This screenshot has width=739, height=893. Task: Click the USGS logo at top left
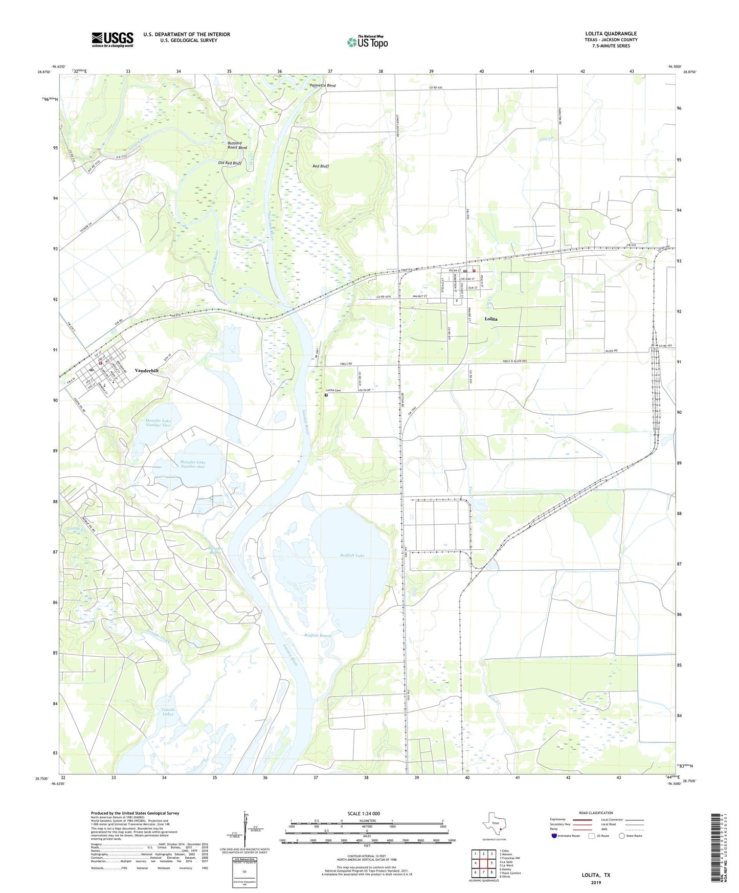coord(112,39)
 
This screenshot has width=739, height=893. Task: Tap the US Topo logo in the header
coord(367,42)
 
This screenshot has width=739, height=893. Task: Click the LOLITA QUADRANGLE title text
coord(611,34)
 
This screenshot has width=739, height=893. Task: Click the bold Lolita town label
coord(491,319)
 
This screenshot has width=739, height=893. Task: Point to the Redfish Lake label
coord(352,555)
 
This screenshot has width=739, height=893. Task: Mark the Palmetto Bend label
coord(323,85)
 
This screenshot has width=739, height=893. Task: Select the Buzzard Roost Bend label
coord(237,145)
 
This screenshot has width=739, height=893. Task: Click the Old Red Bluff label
coord(230,164)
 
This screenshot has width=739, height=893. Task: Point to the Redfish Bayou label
coord(318,636)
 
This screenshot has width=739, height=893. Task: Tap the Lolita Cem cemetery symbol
coord(326,395)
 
